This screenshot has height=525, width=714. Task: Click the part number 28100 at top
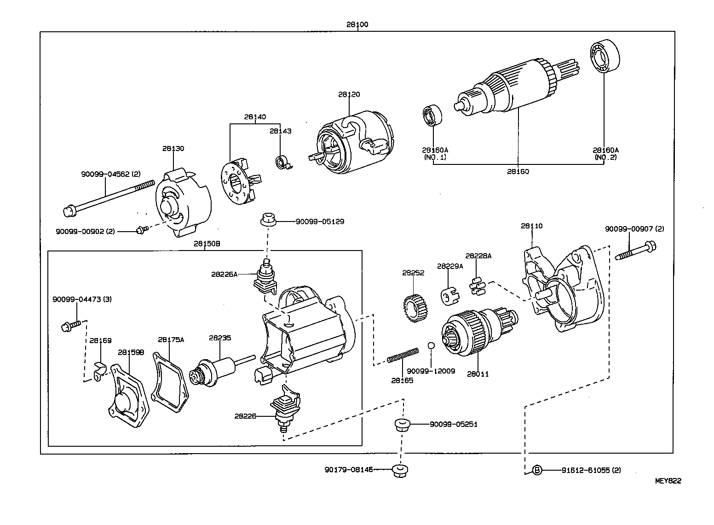pyautogui.click(x=357, y=24)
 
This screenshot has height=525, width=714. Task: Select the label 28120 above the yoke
pyautogui.click(x=349, y=94)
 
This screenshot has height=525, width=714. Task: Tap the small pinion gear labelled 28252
pyautogui.click(x=415, y=309)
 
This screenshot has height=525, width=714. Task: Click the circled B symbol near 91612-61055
pyautogui.click(x=537, y=470)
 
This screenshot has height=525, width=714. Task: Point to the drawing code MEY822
pyautogui.click(x=668, y=481)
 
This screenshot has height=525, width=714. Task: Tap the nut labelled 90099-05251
pyautogui.click(x=402, y=425)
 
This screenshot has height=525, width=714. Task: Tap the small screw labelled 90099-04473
pyautogui.click(x=71, y=326)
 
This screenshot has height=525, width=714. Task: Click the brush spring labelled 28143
pyautogui.click(x=282, y=162)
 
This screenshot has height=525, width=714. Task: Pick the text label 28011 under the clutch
pyautogui.click(x=478, y=374)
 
